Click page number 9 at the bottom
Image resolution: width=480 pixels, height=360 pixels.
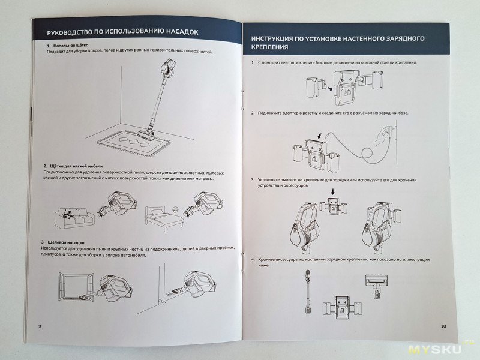pos(39,326)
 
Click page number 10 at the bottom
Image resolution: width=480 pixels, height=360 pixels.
pos(443,326)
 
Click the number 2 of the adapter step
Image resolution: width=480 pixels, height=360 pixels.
pos(253,112)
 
